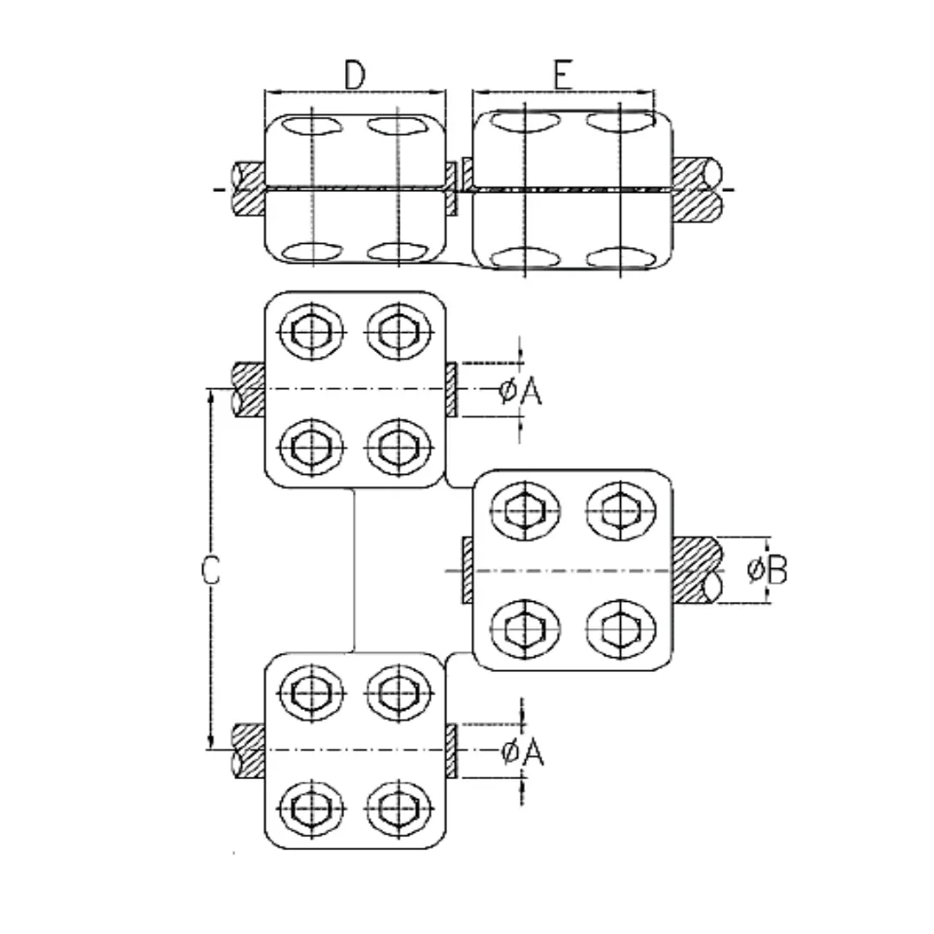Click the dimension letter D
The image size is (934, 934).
[355, 75]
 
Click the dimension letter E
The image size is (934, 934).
[563, 75]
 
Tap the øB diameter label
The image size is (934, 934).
[766, 569]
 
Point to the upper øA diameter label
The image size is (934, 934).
[521, 392]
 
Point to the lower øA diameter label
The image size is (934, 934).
[523, 752]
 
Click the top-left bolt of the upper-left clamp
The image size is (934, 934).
[311, 331]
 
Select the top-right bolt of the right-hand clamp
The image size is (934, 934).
[621, 511]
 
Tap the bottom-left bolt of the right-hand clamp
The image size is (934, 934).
[526, 629]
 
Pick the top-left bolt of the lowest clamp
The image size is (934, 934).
[311, 694]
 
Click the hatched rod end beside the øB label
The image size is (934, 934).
[697, 570]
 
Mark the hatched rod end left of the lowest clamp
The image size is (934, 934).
[248, 751]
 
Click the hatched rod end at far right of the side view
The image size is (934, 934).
[697, 189]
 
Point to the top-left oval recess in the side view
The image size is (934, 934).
[312, 126]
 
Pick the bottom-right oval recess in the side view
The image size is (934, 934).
[621, 258]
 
